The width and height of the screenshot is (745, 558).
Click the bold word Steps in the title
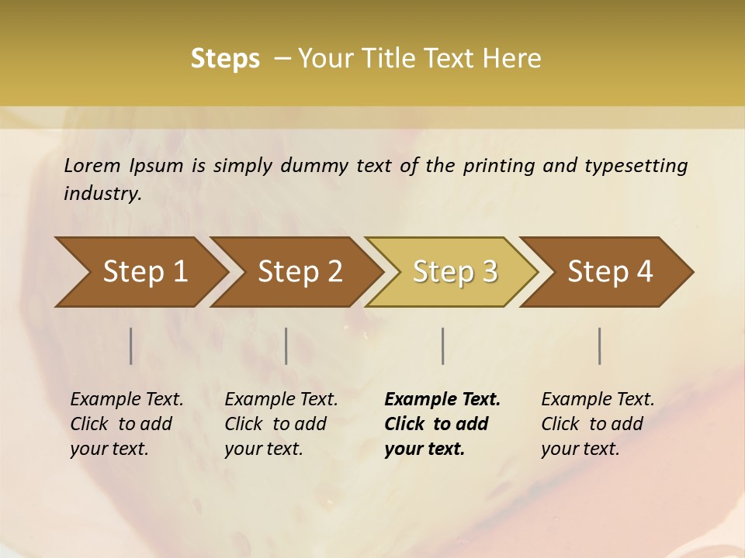[225, 59]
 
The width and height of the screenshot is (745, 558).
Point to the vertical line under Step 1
[131, 346]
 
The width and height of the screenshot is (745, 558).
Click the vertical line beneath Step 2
[286, 346]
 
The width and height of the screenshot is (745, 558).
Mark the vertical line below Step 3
[443, 346]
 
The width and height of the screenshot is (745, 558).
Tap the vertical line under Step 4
[600, 346]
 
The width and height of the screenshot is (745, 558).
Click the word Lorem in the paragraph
[92, 166]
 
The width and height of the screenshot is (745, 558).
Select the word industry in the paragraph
[101, 194]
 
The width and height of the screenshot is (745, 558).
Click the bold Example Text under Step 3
[442, 400]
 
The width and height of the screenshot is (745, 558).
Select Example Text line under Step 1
[126, 400]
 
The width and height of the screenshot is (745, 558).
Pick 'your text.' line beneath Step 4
[580, 449]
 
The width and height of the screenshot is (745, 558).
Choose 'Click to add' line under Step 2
[275, 425]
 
